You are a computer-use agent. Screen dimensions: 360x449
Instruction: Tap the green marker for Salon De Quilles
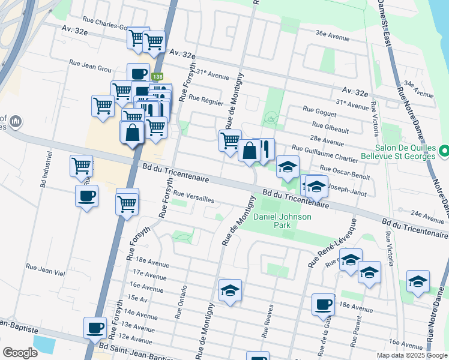click(444, 151)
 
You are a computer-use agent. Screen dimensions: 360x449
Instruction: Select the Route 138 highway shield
click(157, 77)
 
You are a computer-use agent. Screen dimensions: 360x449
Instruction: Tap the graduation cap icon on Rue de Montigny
click(230, 290)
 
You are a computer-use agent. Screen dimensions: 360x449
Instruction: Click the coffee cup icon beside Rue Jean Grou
click(138, 74)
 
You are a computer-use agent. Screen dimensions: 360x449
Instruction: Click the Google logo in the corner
click(20, 352)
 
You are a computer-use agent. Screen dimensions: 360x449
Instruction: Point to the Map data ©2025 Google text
click(411, 355)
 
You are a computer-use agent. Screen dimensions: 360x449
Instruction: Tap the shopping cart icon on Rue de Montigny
click(230, 141)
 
